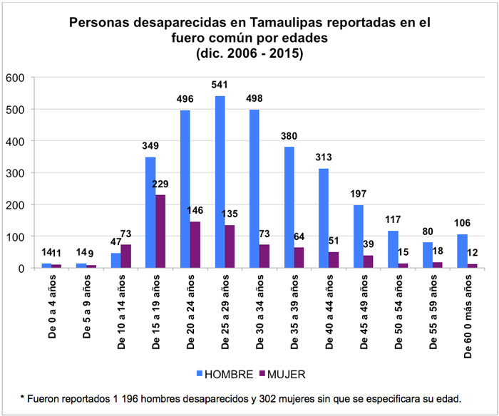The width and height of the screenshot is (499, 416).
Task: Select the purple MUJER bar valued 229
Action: click(x=161, y=232)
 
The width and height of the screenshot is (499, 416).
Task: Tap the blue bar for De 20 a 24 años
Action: click(x=185, y=189)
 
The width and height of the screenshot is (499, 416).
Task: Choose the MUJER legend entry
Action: click(x=284, y=373)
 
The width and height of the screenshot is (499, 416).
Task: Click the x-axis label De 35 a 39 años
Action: click(x=292, y=311)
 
